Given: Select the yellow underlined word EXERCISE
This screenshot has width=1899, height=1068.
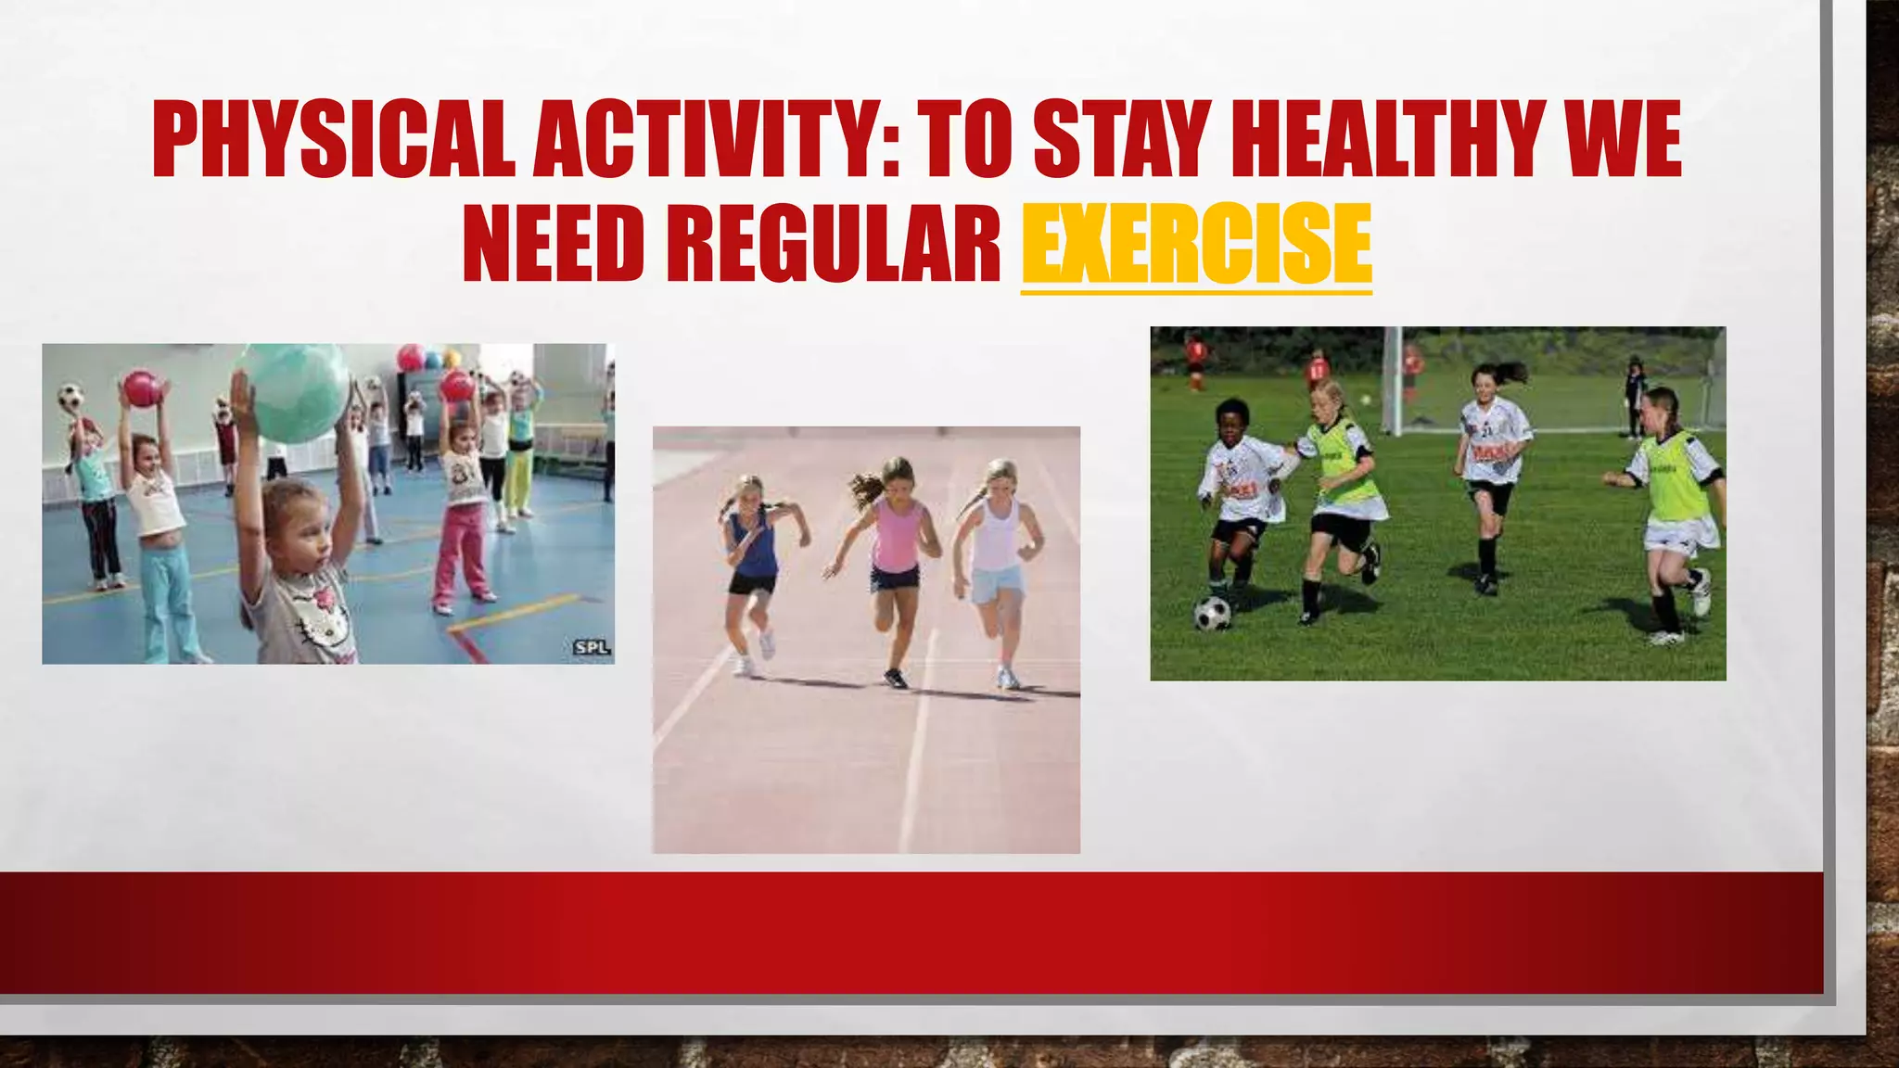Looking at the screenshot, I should [1196, 244].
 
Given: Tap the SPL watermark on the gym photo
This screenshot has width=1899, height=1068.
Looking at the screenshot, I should [592, 647].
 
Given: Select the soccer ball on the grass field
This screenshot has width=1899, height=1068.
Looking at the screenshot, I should [1212, 613].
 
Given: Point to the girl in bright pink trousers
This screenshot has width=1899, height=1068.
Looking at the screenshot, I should [462, 519].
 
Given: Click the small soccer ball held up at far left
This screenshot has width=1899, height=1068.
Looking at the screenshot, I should [70, 398].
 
